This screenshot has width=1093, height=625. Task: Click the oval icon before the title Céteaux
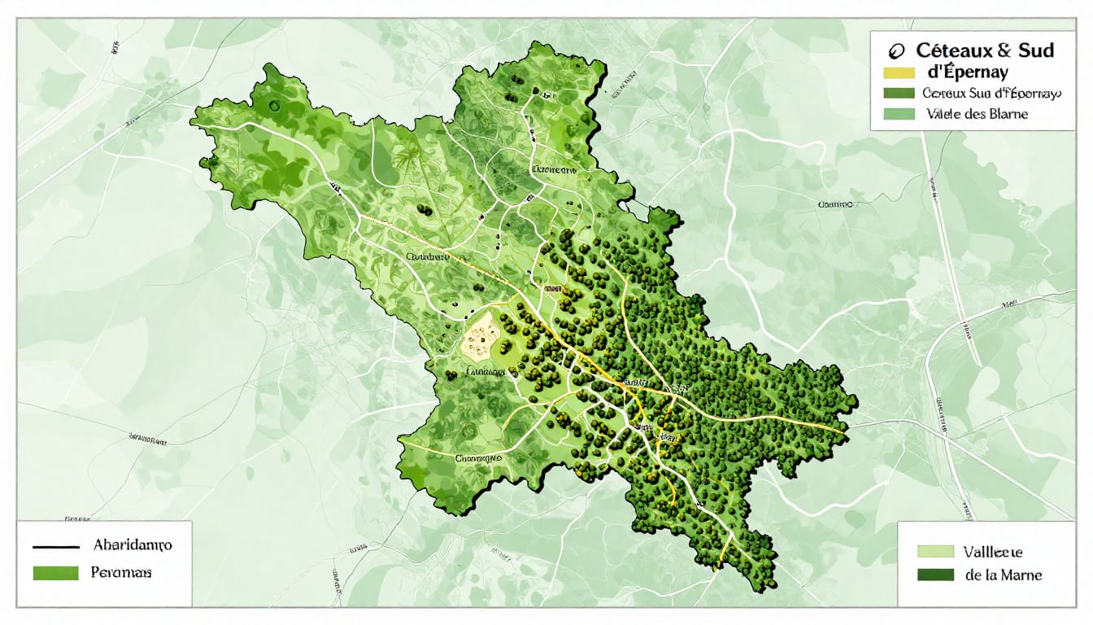pos(898,50)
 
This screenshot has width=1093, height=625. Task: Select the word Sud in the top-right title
pos(1035,50)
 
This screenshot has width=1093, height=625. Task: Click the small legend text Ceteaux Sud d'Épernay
pos(991,94)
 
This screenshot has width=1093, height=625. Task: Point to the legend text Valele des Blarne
pos(976,114)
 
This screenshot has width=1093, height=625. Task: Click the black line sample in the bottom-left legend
pos(55,547)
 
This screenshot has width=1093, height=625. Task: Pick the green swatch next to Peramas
pos(55,573)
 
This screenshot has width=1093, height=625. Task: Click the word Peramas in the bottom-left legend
pos(122,573)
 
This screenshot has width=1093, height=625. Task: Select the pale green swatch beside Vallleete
pos(934,551)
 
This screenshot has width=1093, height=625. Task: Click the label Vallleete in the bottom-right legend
pos(993,551)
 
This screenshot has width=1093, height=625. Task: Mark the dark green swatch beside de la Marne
pos(934,575)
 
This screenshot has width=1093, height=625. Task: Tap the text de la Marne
pos(1003,575)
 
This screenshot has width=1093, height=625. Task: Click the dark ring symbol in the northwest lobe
pos(275,105)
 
